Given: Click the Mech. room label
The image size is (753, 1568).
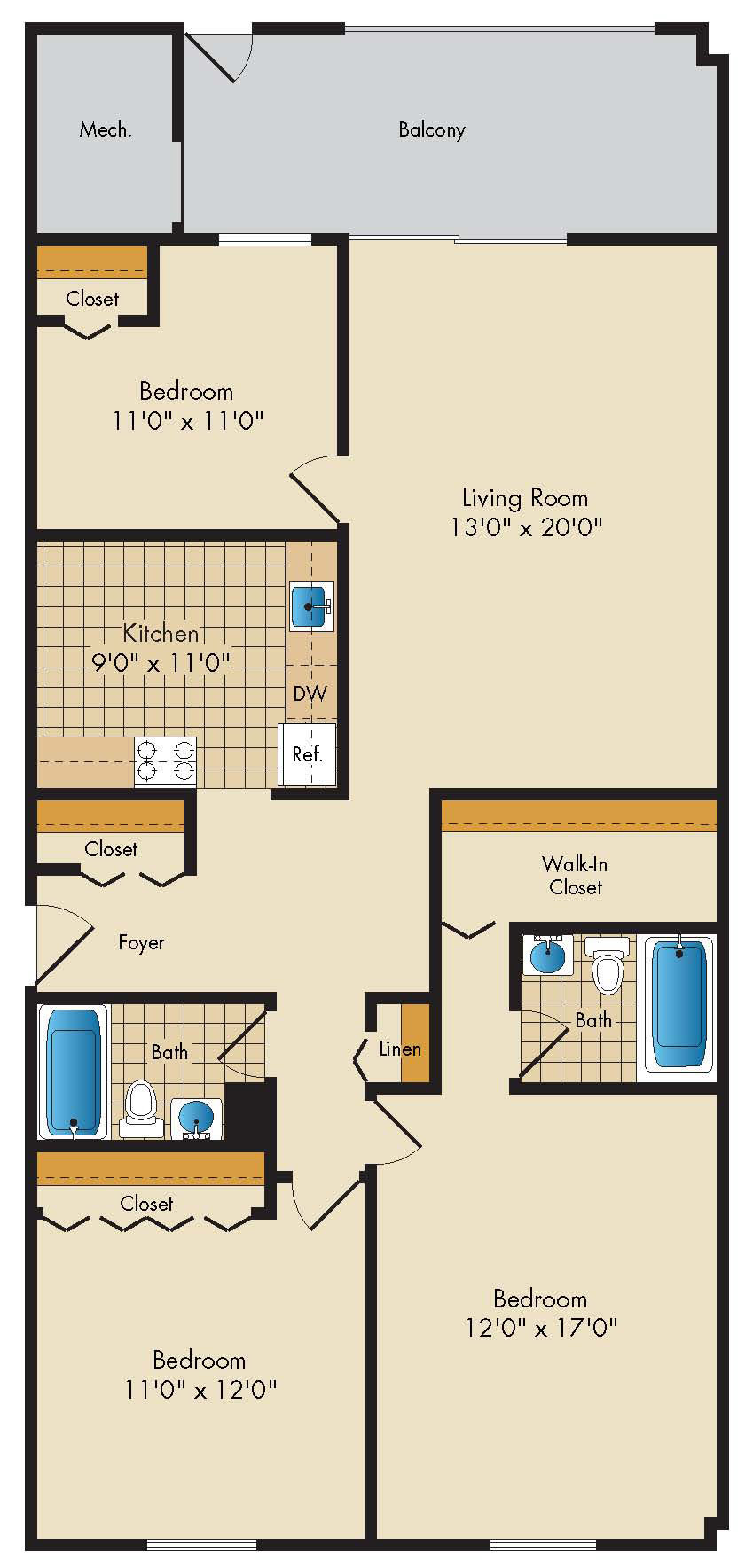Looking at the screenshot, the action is point(106,129).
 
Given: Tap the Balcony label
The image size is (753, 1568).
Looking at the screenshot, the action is point(432,129).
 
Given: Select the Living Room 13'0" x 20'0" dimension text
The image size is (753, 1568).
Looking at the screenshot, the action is point(526,527).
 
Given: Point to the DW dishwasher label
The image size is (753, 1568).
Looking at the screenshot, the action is point(310,693).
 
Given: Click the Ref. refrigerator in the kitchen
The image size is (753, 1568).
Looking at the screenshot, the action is point(308,754).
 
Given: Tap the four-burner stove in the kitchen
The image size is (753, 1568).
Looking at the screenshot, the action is point(165,761).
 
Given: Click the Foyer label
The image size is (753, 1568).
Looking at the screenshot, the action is point(142,942).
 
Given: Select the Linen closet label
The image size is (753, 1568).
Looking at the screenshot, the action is point(400,1049).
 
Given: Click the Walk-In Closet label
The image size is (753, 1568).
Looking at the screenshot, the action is point(576,875).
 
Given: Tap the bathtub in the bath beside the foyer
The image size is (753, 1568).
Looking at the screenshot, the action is point(73,1072).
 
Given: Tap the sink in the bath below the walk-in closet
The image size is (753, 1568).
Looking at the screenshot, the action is point(546,955).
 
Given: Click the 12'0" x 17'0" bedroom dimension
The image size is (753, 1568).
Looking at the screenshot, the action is point(540,1327).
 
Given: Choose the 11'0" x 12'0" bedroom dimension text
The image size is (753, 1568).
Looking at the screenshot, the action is point(200,1388).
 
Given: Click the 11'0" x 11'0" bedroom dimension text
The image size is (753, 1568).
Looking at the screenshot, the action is point(188,419).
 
